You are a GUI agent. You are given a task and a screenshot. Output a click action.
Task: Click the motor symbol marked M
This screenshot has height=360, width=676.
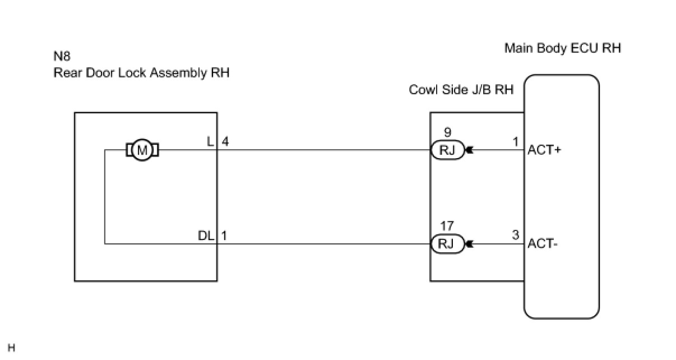click(142, 150)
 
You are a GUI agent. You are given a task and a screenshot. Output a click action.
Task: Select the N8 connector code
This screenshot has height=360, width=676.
click(62, 57)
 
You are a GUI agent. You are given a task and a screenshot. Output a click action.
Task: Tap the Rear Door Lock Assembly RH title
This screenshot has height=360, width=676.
click(141, 73)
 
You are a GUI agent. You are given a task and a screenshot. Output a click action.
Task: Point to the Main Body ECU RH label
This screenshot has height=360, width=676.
click(562, 48)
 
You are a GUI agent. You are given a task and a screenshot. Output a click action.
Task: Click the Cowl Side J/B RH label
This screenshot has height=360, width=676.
click(461, 90)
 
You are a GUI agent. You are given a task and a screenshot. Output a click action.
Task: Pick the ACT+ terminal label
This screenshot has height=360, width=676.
click(543, 150)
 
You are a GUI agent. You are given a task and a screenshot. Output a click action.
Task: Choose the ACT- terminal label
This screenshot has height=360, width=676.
click(541, 244)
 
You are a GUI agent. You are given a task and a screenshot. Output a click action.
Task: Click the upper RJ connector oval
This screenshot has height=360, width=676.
click(447, 150)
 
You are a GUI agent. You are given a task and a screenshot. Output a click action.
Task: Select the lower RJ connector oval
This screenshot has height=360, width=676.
click(447, 244)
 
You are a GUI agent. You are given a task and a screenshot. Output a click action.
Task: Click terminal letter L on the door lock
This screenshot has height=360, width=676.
click(211, 142)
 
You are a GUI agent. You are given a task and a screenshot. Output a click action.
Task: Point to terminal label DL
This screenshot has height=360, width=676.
click(206, 236)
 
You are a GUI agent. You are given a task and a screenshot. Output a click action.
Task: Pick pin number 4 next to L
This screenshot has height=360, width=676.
click(225, 142)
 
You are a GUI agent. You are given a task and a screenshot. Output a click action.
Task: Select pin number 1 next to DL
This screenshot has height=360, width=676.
click(225, 236)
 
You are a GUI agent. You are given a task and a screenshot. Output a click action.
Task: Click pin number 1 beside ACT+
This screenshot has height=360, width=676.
click(516, 142)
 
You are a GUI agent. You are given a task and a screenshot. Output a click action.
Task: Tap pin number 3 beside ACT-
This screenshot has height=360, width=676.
click(516, 236)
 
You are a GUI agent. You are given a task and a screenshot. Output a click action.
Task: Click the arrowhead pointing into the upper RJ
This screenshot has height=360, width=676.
click(469, 150)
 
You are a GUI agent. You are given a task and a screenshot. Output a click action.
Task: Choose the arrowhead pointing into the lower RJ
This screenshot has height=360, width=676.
click(469, 244)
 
